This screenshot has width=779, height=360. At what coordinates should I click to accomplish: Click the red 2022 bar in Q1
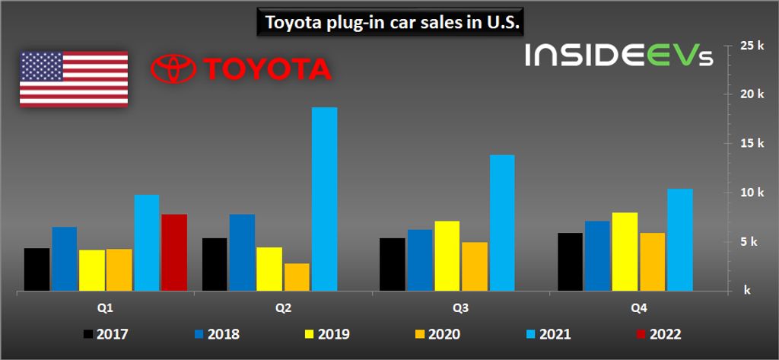pos(173,253)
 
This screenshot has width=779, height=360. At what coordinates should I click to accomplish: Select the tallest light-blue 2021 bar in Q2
pos(324,199)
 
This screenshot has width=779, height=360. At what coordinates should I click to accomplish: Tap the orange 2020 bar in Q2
pos(297,277)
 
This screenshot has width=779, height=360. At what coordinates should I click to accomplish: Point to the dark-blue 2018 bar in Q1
pos(65,259)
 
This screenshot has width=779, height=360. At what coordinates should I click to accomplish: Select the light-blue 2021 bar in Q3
pos(502,223)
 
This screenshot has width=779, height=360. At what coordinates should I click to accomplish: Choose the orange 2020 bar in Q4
pos(652,262)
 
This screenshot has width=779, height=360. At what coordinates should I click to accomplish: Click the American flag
pos(74,79)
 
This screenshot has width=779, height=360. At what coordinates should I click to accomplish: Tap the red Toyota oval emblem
pos(173,69)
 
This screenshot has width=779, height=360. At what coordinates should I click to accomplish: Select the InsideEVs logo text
pos(618,56)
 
